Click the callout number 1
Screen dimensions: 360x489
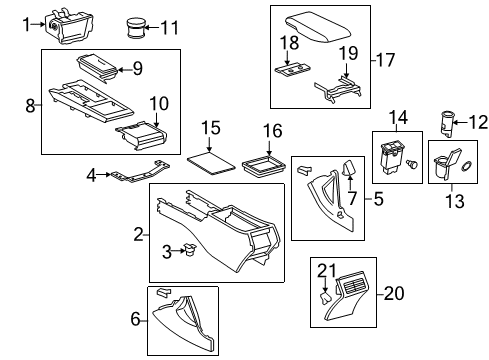(27, 25)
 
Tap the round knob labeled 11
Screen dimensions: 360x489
(135, 25)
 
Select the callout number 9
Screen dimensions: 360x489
(139, 68)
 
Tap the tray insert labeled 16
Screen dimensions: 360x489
(266, 163)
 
